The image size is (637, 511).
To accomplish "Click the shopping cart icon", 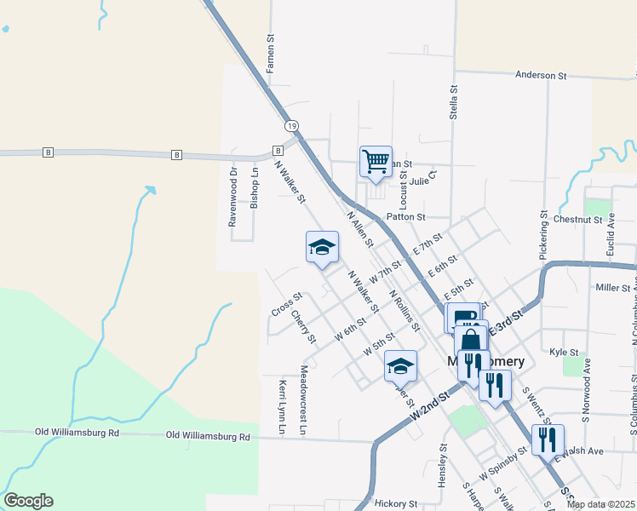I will tap(376, 161).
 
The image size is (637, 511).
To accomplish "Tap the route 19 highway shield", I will tap(292, 125).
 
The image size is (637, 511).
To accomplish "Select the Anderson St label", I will tap(541, 76).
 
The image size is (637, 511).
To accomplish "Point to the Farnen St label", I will tap(271, 53).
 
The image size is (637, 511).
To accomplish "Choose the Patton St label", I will tap(405, 217).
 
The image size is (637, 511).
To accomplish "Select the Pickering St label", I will tap(542, 235).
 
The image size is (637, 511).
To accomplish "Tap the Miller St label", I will tap(611, 288).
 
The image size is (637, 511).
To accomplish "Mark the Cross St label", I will tap(286, 303).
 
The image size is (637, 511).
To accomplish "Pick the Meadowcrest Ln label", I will tap(303, 400).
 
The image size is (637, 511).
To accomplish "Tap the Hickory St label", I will tap(396, 503).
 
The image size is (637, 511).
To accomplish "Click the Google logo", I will tap(28, 500).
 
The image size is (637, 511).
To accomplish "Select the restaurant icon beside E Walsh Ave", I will tap(547, 439).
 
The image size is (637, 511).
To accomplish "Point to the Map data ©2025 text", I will tap(600, 504).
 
